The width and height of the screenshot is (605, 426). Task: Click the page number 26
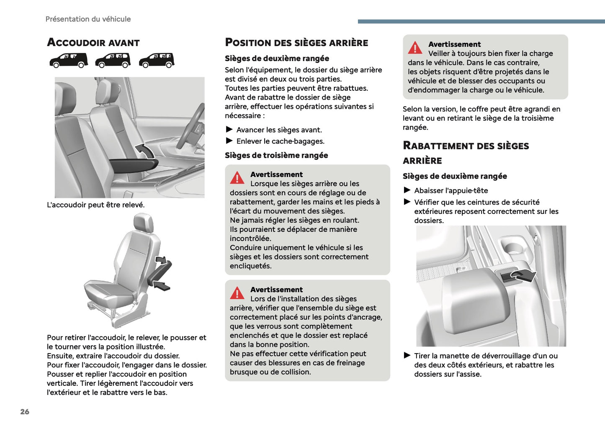(25, 411)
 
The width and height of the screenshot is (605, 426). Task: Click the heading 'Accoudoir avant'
(93, 42)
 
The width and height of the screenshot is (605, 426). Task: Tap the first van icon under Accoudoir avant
(69, 60)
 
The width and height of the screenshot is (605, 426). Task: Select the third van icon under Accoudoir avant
(156, 60)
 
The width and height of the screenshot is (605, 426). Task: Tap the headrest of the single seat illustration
(144, 223)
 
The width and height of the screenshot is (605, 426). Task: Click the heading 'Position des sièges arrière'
(296, 42)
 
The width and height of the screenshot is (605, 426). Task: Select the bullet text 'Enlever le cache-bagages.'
(280, 141)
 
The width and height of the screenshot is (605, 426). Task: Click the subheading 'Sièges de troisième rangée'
(276, 155)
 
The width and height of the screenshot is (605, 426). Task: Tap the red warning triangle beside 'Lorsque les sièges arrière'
(237, 178)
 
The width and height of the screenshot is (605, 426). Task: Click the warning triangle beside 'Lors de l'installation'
(237, 293)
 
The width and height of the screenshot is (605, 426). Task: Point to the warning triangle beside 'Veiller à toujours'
(415, 48)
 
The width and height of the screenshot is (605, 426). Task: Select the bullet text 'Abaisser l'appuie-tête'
(451, 190)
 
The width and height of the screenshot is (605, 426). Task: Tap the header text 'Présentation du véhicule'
(88, 19)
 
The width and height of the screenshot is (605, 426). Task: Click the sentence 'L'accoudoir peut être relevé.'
(95, 205)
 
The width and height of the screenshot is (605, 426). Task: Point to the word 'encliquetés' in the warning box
(250, 266)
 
